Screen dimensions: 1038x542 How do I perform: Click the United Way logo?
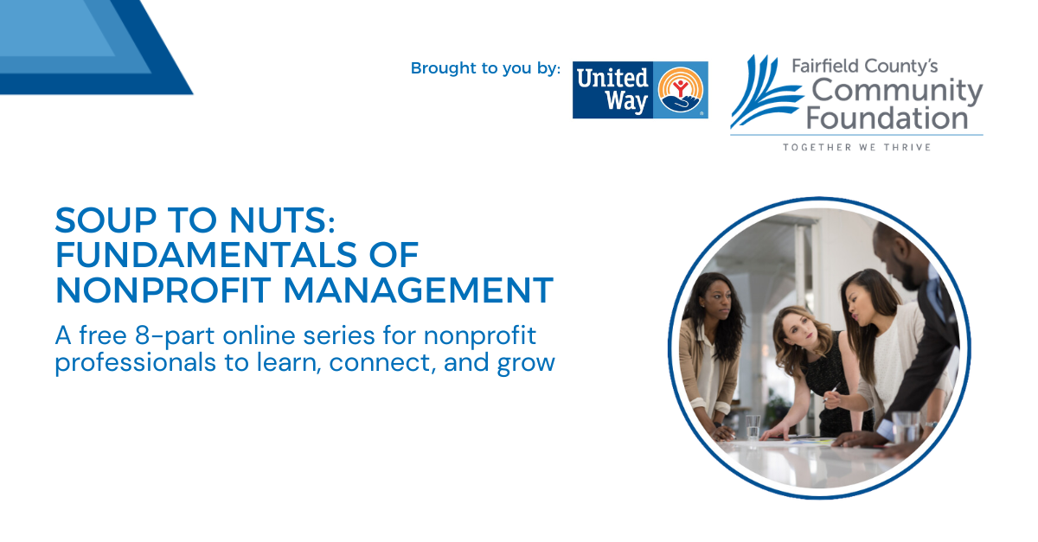(640, 90)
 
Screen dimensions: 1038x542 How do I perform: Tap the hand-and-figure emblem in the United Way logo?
(680, 90)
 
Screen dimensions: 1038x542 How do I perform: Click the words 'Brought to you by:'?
(485, 68)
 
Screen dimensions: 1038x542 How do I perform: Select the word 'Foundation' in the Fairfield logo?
(887, 118)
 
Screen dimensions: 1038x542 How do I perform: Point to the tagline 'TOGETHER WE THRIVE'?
(857, 147)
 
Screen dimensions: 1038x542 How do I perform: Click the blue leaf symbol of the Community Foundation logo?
(766, 92)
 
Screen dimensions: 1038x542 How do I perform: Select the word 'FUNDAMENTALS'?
(206, 255)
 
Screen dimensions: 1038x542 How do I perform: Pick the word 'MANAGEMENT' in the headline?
(419, 290)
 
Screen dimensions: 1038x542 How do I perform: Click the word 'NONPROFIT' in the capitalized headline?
(163, 290)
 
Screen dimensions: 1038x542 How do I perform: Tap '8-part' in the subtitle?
(175, 336)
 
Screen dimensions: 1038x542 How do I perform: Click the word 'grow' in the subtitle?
(526, 364)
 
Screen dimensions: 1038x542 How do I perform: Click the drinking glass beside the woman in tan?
(753, 427)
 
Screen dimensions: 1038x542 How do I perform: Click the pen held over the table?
(833, 392)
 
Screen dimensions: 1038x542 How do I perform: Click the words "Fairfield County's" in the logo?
(865, 67)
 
